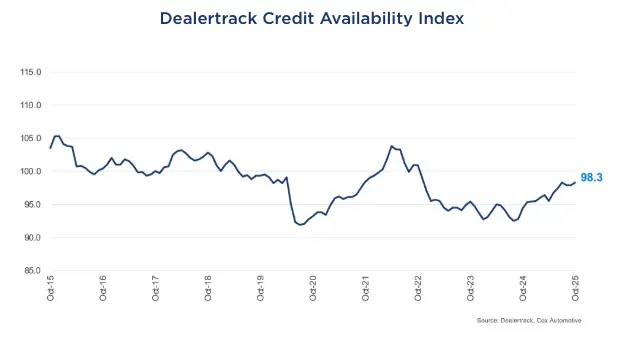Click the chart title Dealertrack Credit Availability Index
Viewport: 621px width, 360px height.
pyautogui.click(x=310, y=19)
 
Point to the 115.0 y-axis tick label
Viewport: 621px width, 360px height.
pyautogui.click(x=31, y=72)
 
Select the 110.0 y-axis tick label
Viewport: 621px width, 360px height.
pyautogui.click(x=31, y=105)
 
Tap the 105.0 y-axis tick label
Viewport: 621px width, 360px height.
pyautogui.click(x=31, y=138)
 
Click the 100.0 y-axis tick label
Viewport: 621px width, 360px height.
pyautogui.click(x=31, y=171)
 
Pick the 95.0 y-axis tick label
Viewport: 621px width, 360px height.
pyautogui.click(x=32, y=204)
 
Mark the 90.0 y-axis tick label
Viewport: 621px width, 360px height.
pyautogui.click(x=32, y=237)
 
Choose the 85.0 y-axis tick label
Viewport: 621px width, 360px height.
pyautogui.click(x=32, y=270)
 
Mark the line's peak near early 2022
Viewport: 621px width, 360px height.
pyautogui.click(x=391, y=146)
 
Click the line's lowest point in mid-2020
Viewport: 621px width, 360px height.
pyautogui.click(x=301, y=225)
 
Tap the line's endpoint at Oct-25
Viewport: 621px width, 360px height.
pyautogui.click(x=574, y=182)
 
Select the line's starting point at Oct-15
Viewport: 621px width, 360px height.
pyautogui.click(x=51, y=148)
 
